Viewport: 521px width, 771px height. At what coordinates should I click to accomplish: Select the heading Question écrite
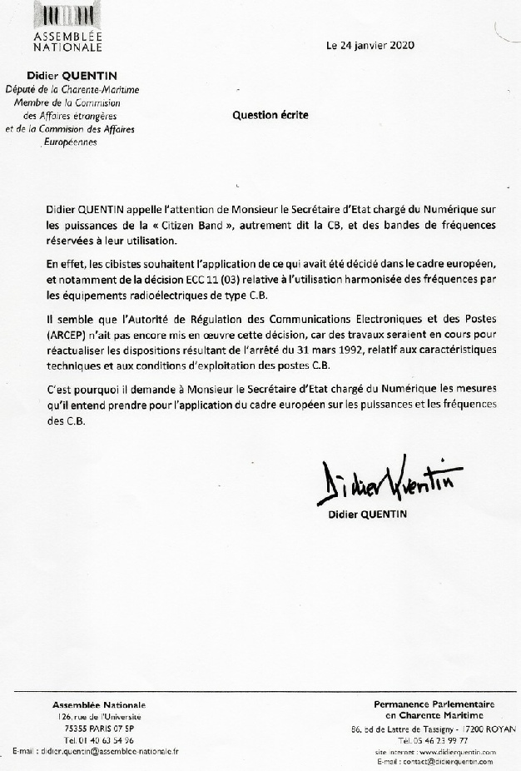click(x=270, y=116)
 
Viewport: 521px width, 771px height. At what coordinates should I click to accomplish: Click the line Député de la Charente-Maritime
click(x=72, y=89)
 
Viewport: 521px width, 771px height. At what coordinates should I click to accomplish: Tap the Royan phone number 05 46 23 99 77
click(x=433, y=739)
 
